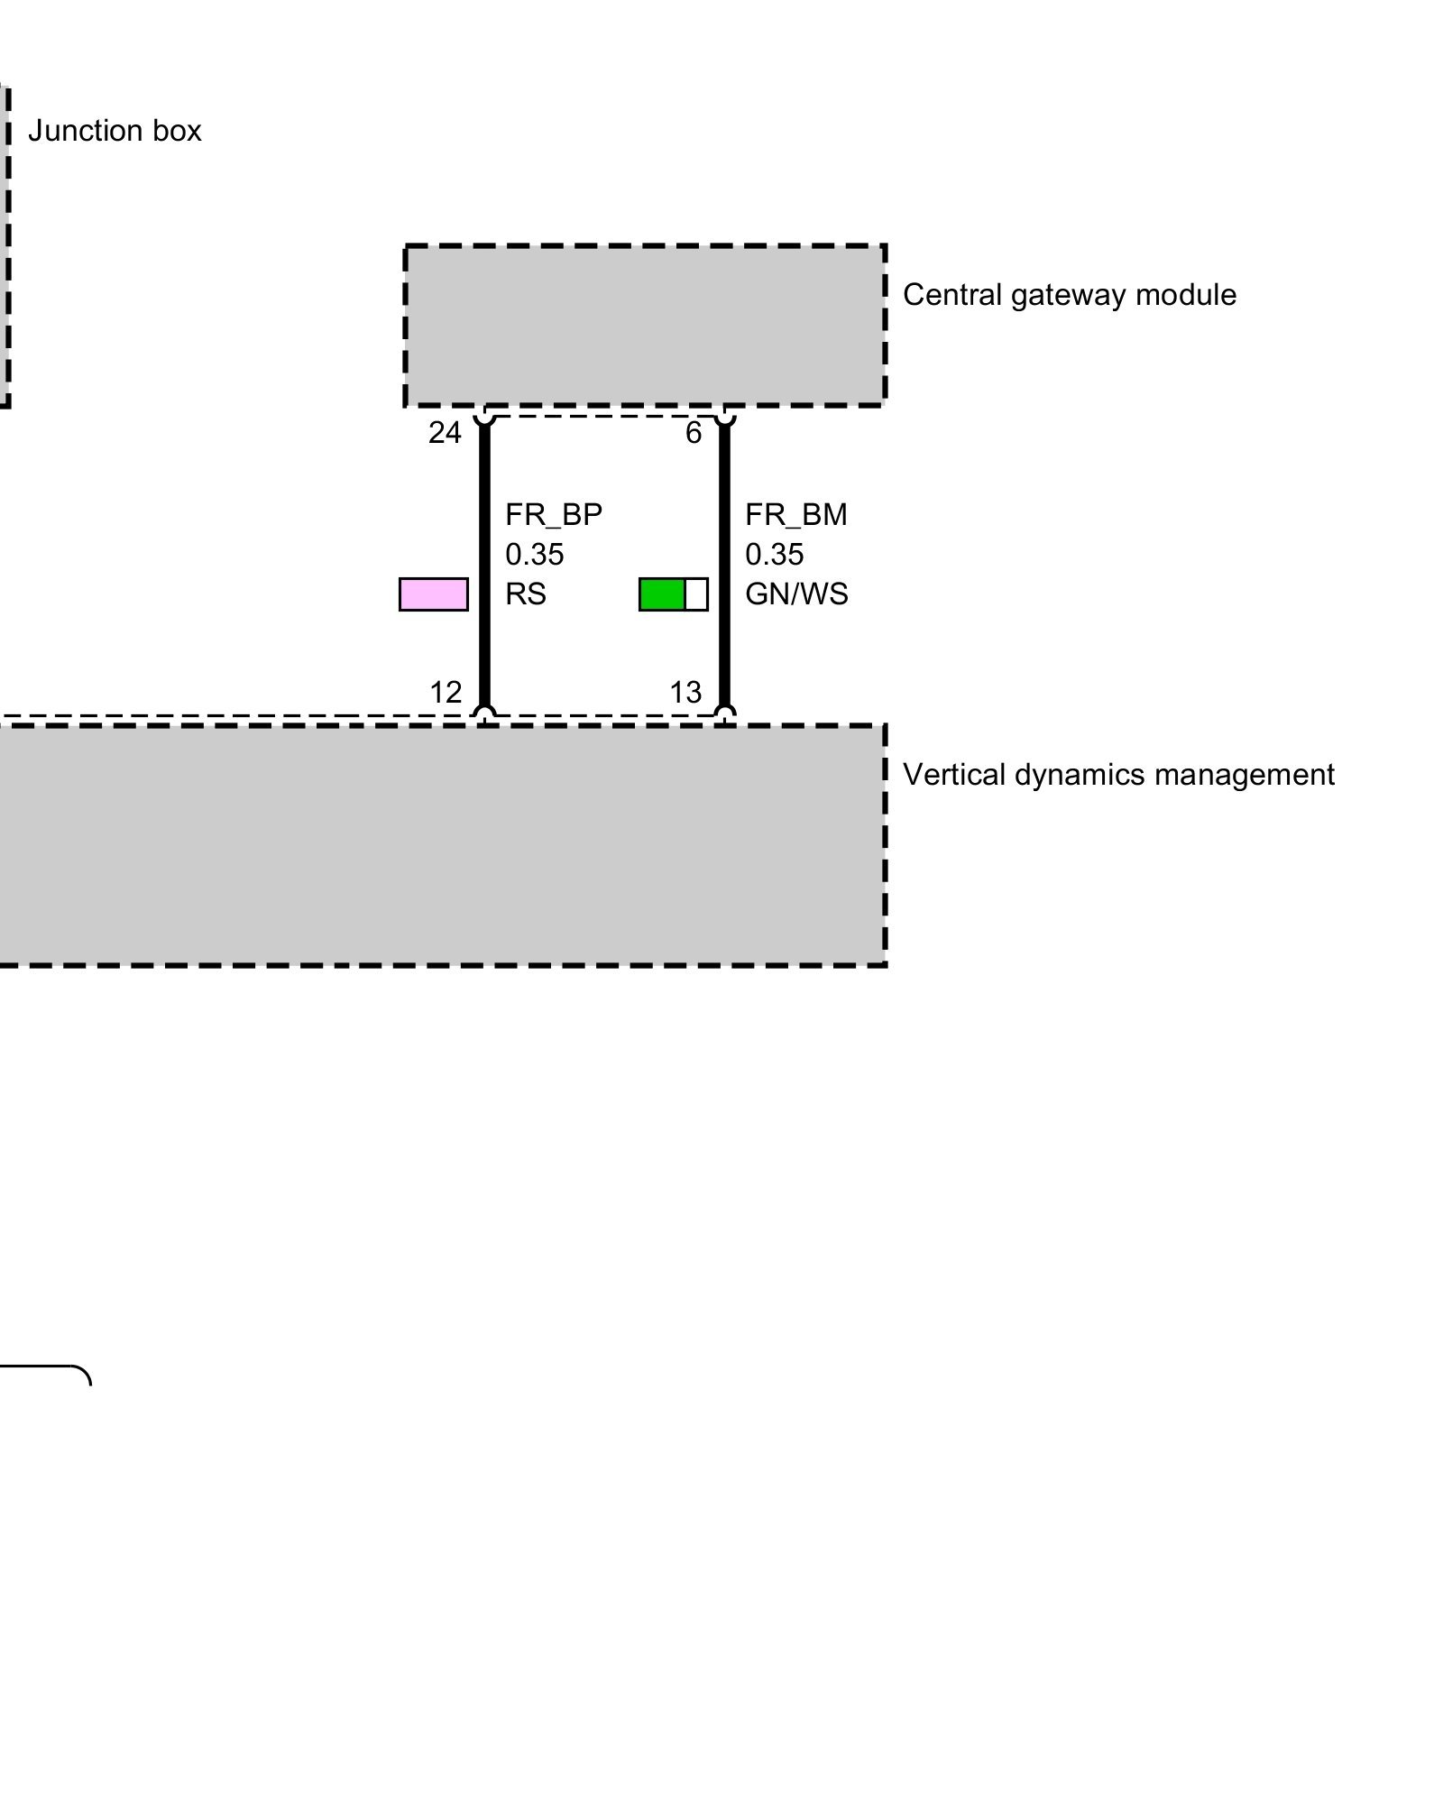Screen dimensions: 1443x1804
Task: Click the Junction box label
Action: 115,132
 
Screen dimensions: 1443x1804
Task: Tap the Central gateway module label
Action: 1069,295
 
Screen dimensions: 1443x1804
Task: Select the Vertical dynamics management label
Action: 1118,775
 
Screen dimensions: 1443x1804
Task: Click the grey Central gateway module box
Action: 645,325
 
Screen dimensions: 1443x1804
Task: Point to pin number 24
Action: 445,434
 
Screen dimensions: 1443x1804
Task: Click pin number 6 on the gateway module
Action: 693,434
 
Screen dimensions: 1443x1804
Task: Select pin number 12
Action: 446,693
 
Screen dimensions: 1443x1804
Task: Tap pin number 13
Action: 685,693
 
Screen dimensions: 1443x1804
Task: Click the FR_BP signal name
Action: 553,515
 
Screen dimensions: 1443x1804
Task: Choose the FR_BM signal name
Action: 795,515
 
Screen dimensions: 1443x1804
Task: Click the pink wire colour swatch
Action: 434,594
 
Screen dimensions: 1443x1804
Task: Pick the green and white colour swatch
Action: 673,594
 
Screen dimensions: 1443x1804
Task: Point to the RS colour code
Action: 526,594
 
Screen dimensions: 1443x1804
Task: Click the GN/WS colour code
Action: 796,594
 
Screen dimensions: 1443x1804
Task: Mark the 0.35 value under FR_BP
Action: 534,555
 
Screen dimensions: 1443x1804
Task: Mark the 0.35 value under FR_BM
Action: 774,555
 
